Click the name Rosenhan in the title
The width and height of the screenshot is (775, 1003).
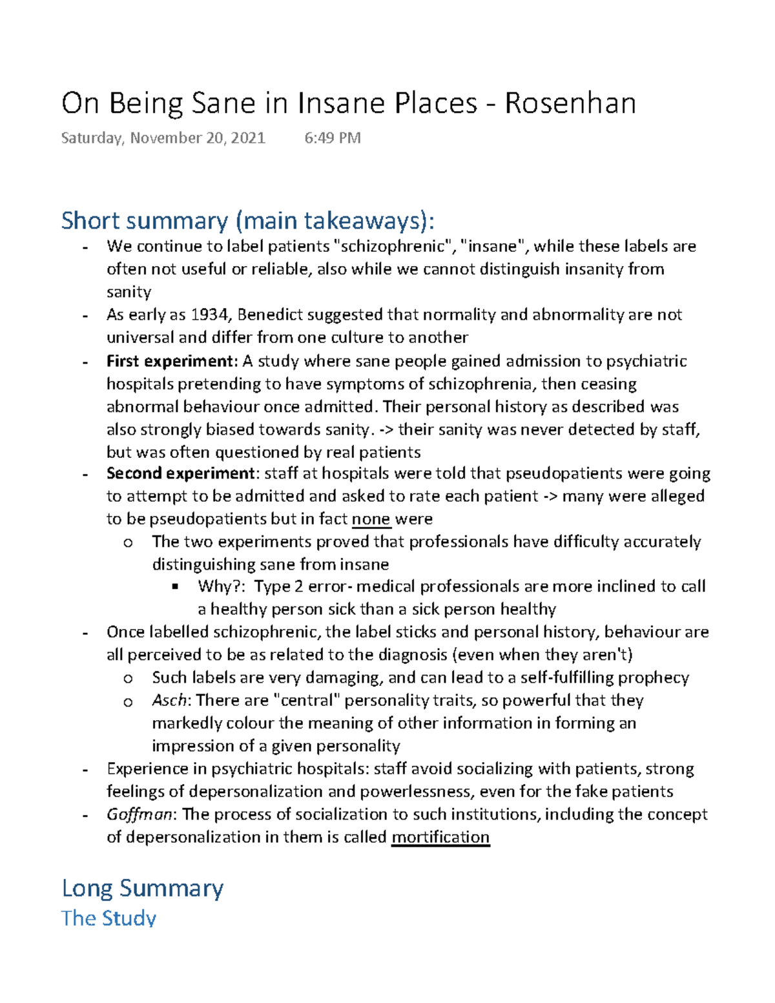tap(570, 103)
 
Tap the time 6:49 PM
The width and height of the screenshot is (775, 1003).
tap(332, 138)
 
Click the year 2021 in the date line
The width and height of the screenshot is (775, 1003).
tap(248, 138)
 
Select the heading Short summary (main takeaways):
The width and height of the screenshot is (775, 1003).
tap(247, 221)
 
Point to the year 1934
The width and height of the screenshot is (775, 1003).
tap(210, 315)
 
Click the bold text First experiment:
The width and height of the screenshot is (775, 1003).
tap(172, 361)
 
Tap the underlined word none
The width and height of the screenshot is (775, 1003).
tap(371, 519)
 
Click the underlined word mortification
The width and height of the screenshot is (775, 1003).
tap(440, 837)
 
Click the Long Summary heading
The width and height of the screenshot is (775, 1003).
tap(142, 888)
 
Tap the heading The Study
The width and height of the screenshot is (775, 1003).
tap(108, 918)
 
